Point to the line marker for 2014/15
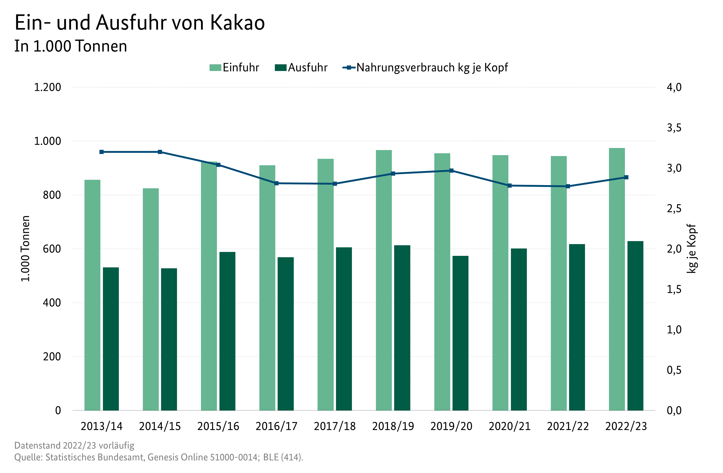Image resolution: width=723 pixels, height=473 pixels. point(160,152)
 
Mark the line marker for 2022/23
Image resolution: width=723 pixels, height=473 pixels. point(626,177)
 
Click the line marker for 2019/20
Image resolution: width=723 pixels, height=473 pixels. point(451,171)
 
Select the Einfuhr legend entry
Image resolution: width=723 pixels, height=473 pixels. point(234,67)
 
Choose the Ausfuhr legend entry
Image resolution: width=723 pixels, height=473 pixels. point(301,67)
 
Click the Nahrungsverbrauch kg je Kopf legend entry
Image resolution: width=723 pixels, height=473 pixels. point(425,67)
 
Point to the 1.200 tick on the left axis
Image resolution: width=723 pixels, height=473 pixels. point(47,87)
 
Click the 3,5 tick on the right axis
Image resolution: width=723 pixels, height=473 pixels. point(674,128)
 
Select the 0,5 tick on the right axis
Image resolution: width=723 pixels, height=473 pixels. point(674,370)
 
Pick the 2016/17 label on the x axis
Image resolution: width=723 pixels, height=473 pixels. point(276,426)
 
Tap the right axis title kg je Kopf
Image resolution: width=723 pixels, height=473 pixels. point(691,249)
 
